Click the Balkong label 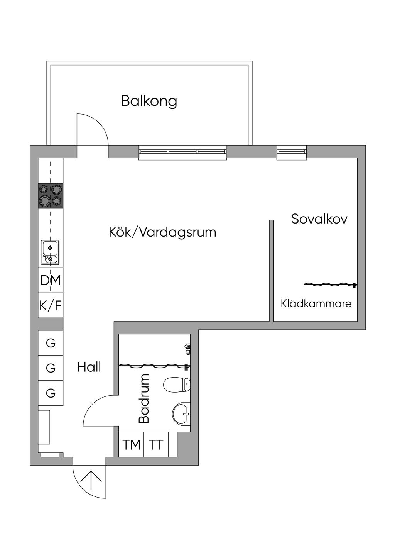click(x=149, y=101)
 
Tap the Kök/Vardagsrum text click(x=162, y=232)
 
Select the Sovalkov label click(x=319, y=219)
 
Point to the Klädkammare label click(x=316, y=303)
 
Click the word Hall click(x=89, y=367)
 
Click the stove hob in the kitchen click(x=51, y=196)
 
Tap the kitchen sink click(x=51, y=252)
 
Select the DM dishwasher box click(x=51, y=280)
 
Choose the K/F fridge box click(x=51, y=305)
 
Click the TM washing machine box click(x=131, y=444)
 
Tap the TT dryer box click(x=156, y=444)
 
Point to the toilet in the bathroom click(x=177, y=385)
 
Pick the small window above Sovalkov click(x=292, y=152)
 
